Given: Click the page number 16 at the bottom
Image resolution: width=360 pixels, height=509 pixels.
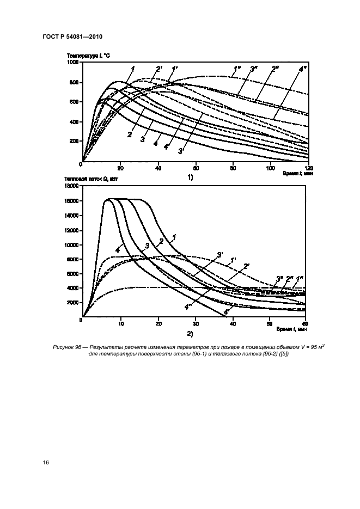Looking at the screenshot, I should coord(46,463).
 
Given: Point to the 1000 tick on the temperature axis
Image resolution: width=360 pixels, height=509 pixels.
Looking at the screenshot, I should coord(73,63).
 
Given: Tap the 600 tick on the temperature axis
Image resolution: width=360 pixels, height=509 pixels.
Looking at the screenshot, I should coord(75,102).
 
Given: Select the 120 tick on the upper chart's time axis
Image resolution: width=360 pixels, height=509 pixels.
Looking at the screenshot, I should coord(309,167).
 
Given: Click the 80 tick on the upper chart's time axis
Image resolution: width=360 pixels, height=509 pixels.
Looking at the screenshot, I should coord(234,167).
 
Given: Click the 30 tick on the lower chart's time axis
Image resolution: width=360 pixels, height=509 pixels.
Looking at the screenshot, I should coord(196,323).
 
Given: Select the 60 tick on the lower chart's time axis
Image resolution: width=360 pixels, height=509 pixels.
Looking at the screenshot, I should coord(307,323).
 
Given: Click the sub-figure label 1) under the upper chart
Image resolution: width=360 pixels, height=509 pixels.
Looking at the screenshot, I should coord(190,177).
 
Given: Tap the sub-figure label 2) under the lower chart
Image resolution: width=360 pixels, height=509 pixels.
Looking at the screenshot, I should coord(190,333).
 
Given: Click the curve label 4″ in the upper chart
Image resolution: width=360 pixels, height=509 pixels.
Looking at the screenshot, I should coord(302,69).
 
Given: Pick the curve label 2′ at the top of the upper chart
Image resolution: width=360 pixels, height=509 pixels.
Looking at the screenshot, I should coord(158,69).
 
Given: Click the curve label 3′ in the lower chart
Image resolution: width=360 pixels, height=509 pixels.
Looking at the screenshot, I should coord(219,255).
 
